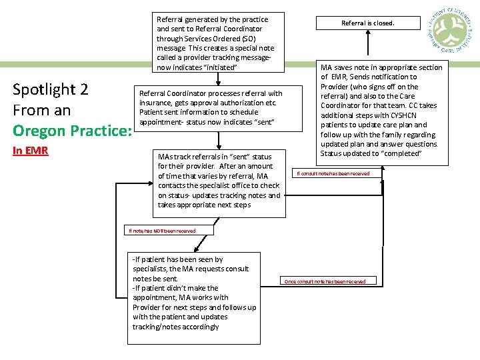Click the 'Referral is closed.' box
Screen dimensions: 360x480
coord(367,23)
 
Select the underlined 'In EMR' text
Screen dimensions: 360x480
coord(31,151)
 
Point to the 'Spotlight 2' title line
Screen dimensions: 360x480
coord(51,89)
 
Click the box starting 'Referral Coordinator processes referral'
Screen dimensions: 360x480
coord(211,108)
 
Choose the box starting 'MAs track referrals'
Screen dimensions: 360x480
coord(219,181)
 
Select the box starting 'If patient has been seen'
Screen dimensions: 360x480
coord(194,297)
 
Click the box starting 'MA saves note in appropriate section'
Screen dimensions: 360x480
coord(381,110)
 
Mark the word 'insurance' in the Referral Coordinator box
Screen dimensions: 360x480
coord(156,103)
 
